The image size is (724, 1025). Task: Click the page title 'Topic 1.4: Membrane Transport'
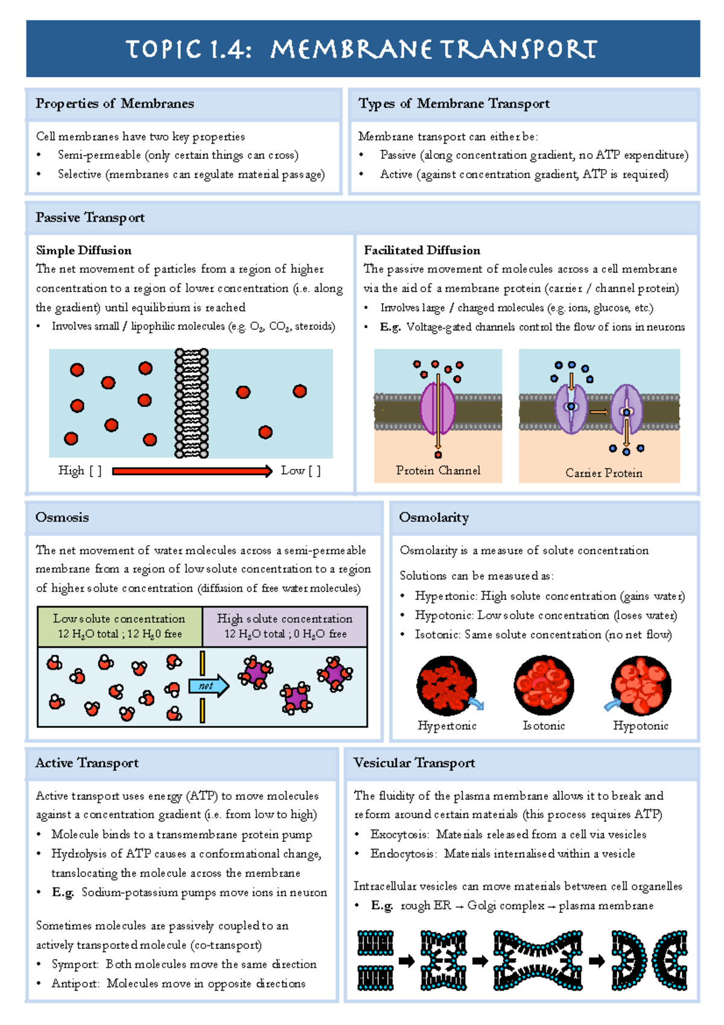tap(361, 49)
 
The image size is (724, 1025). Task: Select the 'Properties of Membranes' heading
tap(115, 104)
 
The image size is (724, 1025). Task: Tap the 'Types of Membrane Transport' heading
tap(454, 104)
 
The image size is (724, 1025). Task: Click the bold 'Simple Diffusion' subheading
tap(83, 250)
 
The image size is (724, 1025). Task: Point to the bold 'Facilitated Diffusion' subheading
tap(422, 250)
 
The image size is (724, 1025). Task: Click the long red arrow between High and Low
tap(192, 471)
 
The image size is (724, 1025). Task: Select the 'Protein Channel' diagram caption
tap(438, 470)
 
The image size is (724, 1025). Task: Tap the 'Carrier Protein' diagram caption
tap(603, 473)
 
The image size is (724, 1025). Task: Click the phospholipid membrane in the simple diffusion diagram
tap(191, 403)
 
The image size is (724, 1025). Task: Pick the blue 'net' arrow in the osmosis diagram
tap(208, 686)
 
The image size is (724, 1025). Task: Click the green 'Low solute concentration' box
tap(119, 626)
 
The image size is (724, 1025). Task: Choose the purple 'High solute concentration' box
tap(285, 626)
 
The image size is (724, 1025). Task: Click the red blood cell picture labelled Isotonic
tap(544, 685)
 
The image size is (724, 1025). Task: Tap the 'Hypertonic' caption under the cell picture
tap(447, 726)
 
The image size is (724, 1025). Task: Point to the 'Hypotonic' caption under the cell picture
tap(640, 726)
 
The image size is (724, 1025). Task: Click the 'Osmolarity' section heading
tap(434, 517)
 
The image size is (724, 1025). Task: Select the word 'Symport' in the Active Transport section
tap(75, 964)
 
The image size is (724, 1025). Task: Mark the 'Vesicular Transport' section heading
tap(414, 763)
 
